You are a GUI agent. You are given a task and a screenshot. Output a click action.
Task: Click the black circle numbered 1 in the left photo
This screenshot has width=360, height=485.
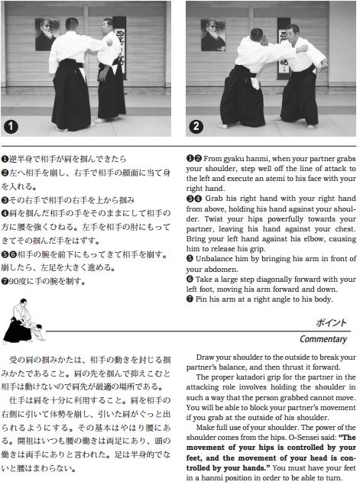coord(11,127)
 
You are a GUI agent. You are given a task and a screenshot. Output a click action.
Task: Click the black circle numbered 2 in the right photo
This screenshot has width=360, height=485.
coord(196,126)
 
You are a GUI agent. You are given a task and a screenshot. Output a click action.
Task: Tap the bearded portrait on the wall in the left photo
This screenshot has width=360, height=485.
coord(47,34)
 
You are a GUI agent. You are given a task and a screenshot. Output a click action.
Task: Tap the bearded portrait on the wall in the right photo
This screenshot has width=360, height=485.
coord(213,34)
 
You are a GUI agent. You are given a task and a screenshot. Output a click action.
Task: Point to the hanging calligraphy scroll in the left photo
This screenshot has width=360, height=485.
coord(119,47)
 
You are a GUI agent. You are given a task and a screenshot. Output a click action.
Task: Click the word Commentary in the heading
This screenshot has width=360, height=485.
coord(323,339)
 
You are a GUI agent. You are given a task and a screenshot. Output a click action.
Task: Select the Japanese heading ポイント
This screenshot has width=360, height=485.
coord(331,323)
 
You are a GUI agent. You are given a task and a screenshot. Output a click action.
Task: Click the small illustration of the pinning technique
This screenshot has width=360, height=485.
coord(24,321)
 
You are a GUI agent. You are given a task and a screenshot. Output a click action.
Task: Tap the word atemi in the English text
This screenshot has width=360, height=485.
coord(281,179)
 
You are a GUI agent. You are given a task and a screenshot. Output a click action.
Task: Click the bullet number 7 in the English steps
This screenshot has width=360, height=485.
coord(190,299)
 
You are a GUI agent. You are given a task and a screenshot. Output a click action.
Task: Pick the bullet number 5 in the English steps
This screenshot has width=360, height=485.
coord(190,259)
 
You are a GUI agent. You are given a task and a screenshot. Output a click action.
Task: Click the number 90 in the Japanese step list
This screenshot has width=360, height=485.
coord(14,282)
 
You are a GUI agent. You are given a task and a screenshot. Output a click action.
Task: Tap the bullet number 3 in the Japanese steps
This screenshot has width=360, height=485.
coord(5,200)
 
